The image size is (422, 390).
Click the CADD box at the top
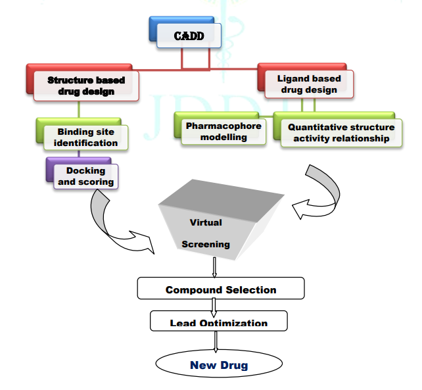[x=189, y=36]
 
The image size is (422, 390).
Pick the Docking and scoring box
[x=85, y=176]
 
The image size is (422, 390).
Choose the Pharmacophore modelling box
[x=223, y=131]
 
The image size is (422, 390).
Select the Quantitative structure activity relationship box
[x=341, y=132]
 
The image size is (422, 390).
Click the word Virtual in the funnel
[x=206, y=222]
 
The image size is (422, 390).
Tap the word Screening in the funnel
[x=206, y=244]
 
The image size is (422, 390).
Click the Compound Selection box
[x=220, y=289]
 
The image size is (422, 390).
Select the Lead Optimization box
[x=218, y=322]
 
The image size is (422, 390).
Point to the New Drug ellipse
[x=218, y=364]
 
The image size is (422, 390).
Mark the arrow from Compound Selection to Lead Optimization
[x=214, y=305]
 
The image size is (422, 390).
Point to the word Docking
[x=85, y=171]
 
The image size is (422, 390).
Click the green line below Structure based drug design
[x=79, y=109]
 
